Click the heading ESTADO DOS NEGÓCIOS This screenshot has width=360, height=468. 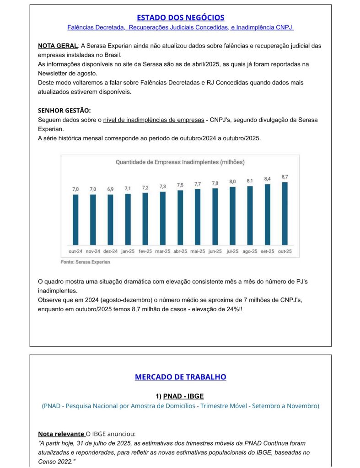click(180, 17)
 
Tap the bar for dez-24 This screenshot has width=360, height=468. click(110, 219)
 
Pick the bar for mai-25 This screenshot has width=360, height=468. click(198, 217)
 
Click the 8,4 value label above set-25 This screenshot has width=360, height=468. click(268, 179)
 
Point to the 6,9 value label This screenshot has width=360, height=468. click(110, 189)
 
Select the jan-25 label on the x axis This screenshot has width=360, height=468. click(128, 251)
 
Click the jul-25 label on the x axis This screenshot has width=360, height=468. click(232, 251)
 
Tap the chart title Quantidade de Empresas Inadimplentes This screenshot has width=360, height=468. click(180, 162)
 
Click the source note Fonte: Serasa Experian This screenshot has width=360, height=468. click(86, 262)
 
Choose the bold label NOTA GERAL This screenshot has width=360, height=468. click(58, 46)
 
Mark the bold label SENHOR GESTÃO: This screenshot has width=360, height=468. click(64, 111)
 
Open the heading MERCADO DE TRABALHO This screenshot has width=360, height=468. click(180, 377)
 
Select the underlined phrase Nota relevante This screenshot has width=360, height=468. click(61, 434)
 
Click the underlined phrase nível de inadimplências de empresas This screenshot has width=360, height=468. click(154, 120)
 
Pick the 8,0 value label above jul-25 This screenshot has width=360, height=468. click(232, 182)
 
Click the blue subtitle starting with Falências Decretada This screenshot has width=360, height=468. click(180, 27)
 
